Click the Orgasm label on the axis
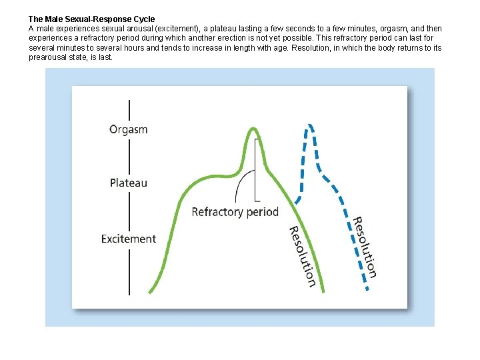129,129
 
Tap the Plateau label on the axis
129,182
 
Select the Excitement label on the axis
129,239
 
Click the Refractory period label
235,212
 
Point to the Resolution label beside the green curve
301,257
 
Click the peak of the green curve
253,129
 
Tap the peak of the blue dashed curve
310,125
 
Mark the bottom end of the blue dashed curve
367,289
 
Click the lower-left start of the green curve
151,291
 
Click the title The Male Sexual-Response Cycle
91,19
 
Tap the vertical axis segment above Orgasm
129,109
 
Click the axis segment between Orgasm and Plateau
129,156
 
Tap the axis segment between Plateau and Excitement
129,211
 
